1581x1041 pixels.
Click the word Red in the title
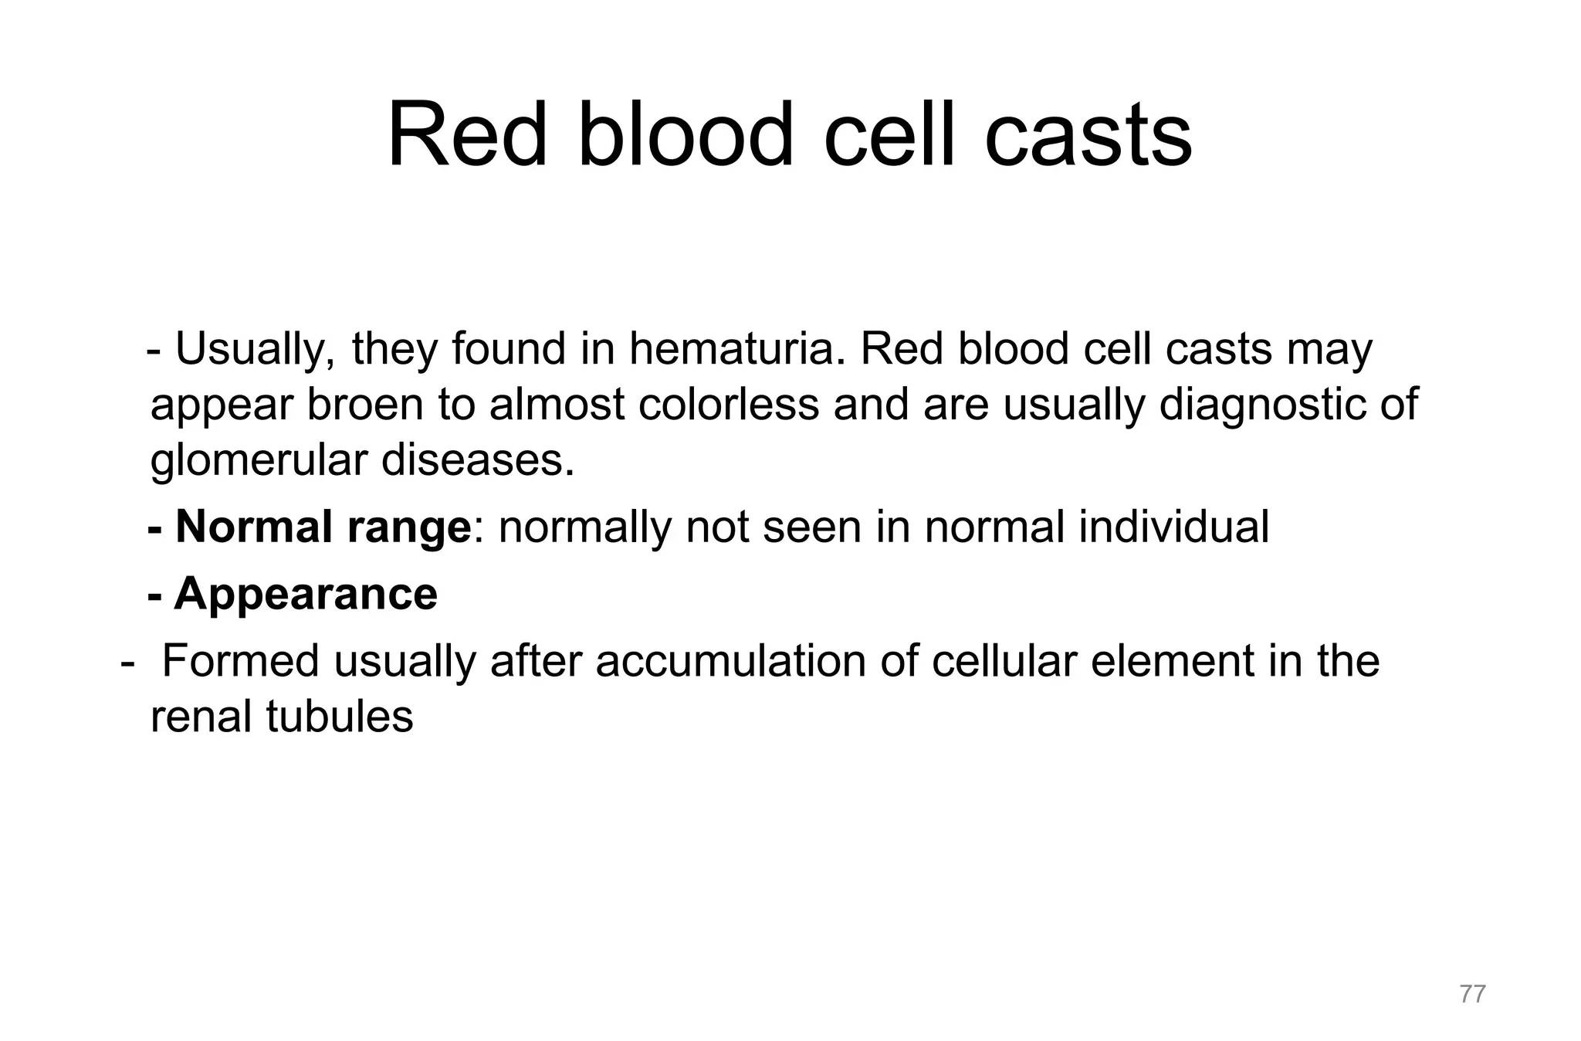(467, 135)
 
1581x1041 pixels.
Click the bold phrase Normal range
(323, 527)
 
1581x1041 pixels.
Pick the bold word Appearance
(306, 594)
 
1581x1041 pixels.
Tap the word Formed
(241, 661)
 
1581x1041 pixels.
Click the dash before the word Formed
(128, 663)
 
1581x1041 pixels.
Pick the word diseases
(478, 461)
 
